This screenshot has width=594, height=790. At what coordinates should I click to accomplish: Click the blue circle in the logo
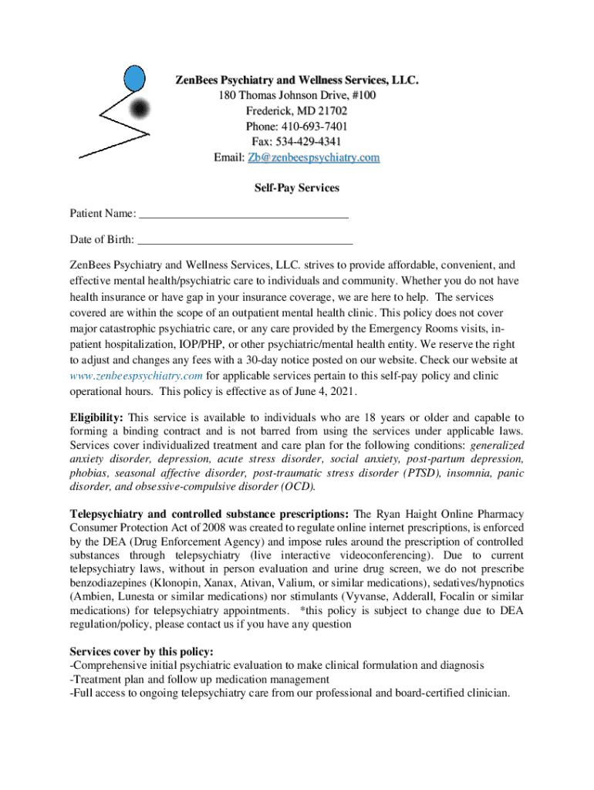(x=135, y=77)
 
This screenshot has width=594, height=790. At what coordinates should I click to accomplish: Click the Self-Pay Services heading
(x=297, y=187)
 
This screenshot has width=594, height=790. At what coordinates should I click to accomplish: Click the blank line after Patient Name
(x=244, y=214)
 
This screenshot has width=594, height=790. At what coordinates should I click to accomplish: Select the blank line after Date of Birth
(x=245, y=240)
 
